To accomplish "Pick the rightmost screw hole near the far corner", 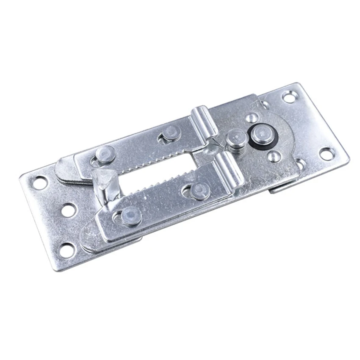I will [326, 154].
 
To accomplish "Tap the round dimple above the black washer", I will [252, 118].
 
